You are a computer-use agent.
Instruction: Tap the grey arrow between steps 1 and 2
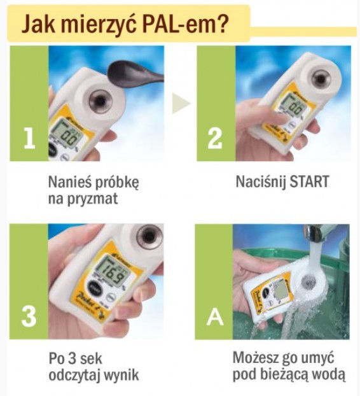pos(181,103)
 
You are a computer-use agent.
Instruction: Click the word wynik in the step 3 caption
pos(121,376)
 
